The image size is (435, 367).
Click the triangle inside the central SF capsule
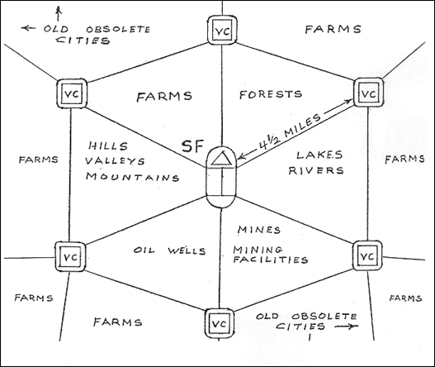coord(221,159)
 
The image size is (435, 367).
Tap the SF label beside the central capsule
coord(193,146)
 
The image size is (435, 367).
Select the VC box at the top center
coord(223,30)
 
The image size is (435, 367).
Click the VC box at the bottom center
coord(220,323)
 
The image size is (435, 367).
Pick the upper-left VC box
coord(72,93)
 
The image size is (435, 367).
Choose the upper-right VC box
coord(368,93)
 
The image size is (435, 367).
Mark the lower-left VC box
coord(70,256)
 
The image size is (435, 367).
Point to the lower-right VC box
coord(367,255)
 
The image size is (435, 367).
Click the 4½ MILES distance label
coord(289,131)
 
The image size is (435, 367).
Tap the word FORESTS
coord(271,94)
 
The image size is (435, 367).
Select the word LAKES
coord(319,155)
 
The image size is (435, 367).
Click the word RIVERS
coord(316,170)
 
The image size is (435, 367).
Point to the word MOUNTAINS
coord(132,177)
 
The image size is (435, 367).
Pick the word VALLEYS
coord(115,161)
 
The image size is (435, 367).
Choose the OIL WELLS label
coord(169,250)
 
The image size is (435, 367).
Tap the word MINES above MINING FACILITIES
coord(259,230)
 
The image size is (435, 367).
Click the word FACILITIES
coord(271,260)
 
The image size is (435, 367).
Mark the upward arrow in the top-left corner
coord(59,14)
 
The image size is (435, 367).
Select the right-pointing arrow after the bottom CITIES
coord(347,326)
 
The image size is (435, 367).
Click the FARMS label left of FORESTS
coord(164,97)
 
